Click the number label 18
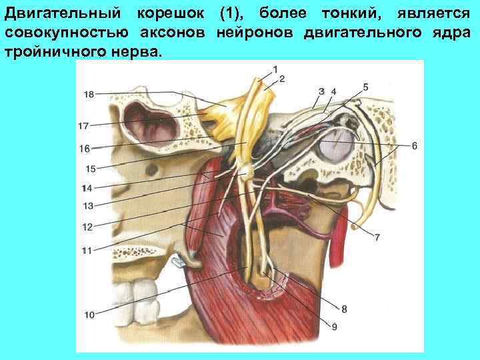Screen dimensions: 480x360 coord(89,94)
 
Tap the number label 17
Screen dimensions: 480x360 coord(83,125)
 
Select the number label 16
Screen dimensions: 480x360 coord(83,149)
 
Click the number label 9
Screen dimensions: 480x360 coord(334,326)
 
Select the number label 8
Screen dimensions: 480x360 coord(344,308)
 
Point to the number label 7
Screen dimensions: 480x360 coord(377,237)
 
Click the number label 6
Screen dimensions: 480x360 coord(414,145)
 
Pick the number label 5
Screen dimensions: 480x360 coord(365,87)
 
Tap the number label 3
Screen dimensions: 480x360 coord(321,91)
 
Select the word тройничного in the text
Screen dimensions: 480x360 coord(53,51)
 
